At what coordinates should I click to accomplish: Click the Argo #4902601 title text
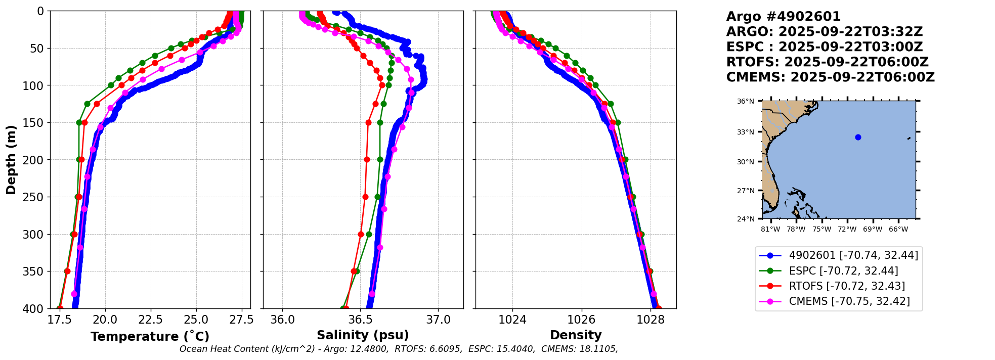click(783, 17)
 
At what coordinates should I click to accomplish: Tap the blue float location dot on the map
click(858, 137)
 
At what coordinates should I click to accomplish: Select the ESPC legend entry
click(843, 271)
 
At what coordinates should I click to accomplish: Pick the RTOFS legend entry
click(847, 286)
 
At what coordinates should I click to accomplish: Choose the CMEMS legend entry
click(849, 301)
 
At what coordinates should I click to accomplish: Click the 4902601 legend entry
click(853, 255)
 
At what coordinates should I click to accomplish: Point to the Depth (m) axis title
click(11, 159)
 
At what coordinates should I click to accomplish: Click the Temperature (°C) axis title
click(150, 336)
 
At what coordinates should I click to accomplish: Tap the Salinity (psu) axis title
click(363, 335)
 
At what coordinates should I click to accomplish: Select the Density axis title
click(576, 335)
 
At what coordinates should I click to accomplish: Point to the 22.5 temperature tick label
click(150, 320)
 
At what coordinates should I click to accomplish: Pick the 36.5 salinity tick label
click(360, 320)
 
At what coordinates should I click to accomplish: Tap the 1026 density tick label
click(581, 320)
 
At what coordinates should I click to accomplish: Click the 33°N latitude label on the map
click(745, 132)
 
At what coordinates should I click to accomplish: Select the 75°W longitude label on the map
click(821, 229)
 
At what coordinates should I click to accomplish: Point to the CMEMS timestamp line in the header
click(830, 77)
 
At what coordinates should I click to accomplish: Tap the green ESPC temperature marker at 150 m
click(79, 122)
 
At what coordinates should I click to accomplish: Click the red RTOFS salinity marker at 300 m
click(361, 234)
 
